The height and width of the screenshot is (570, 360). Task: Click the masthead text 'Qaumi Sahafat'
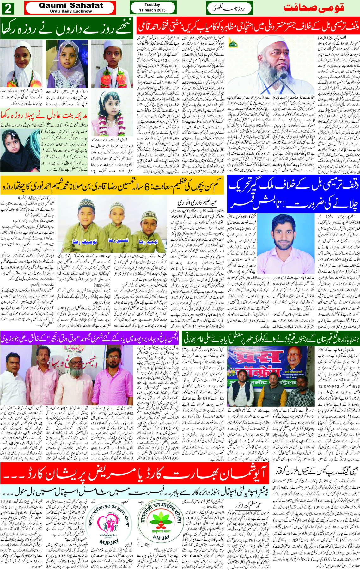70,5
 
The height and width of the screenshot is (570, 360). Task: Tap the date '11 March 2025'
152,10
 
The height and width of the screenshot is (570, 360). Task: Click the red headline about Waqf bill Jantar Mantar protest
248,27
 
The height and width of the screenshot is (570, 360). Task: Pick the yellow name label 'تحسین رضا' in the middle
118,240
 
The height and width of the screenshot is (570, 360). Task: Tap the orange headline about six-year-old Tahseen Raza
112,185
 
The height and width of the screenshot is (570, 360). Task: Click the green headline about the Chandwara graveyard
270,339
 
